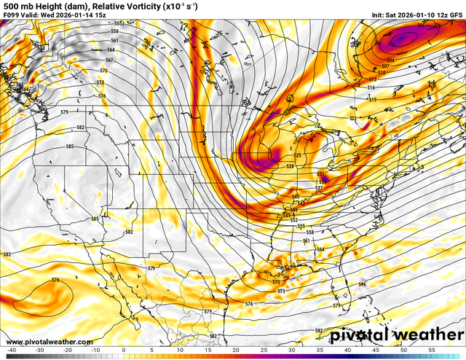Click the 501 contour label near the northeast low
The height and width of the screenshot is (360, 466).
tap(421, 26)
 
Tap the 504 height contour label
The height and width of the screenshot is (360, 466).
tap(390, 60)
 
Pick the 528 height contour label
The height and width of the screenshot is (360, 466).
tap(290, 167)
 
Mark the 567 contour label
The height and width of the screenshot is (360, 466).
tap(109, 60)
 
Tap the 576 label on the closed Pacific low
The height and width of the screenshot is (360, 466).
tap(55, 280)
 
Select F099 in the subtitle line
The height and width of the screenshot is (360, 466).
tap(11, 14)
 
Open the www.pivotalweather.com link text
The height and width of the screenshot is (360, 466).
tap(50, 342)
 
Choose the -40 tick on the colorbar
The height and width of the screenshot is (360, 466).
tap(11, 350)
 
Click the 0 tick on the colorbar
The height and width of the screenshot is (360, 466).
tap(124, 350)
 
